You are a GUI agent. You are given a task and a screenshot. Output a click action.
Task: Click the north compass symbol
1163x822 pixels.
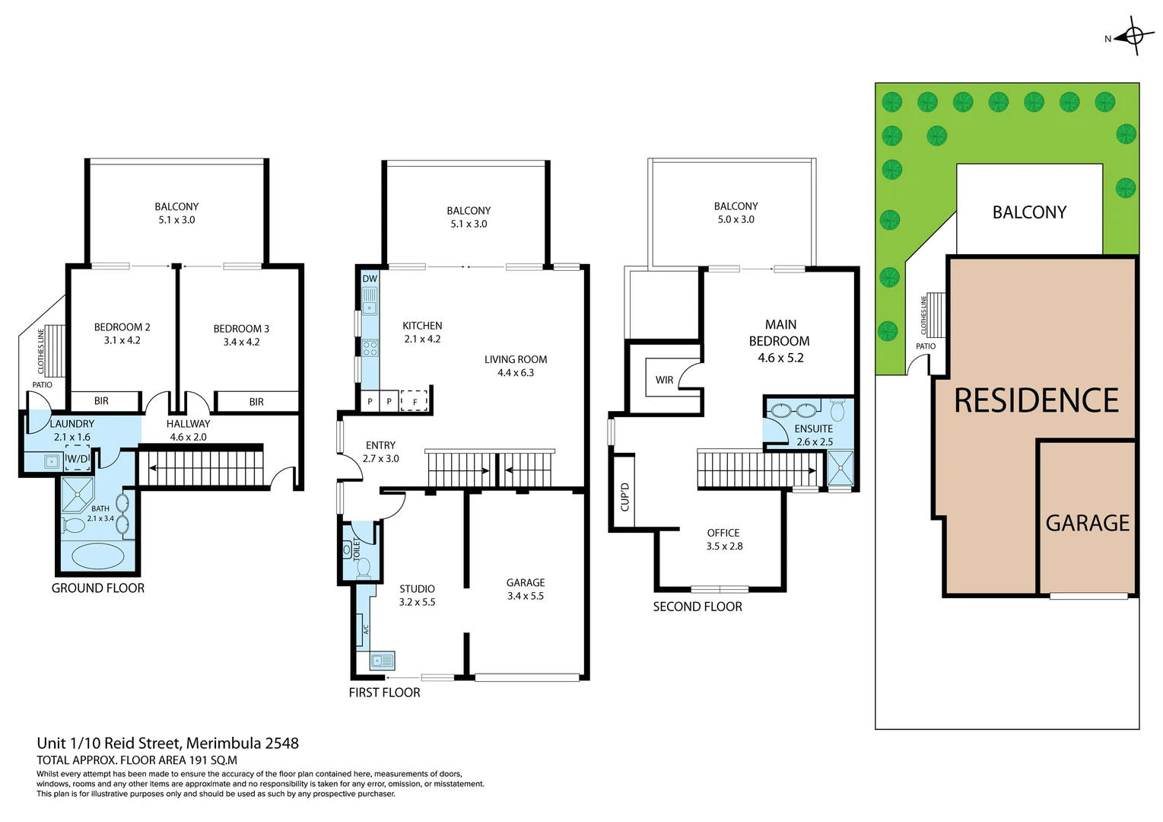1133,36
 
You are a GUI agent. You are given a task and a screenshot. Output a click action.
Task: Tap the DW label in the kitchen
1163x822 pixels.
370,279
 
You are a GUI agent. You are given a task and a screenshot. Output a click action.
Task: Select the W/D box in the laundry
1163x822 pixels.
78,459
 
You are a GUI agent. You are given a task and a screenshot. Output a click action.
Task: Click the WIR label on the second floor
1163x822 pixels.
664,380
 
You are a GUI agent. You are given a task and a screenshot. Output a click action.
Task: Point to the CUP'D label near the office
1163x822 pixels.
624,497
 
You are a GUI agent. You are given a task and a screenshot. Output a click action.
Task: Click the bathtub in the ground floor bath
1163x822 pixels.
97,556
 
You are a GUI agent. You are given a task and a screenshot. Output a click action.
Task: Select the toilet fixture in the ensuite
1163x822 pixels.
837,412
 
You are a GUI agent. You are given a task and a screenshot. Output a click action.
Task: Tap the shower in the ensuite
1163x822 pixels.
840,467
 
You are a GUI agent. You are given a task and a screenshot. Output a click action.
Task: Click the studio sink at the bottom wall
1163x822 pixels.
382,661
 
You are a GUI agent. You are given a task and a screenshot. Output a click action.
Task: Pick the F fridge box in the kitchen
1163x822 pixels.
415,401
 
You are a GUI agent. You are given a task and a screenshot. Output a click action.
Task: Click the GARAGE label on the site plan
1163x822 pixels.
1087,524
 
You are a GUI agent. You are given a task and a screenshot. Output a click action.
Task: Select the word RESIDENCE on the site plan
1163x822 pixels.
1036,401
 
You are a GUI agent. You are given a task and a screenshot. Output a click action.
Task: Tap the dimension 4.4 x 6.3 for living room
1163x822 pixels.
516,373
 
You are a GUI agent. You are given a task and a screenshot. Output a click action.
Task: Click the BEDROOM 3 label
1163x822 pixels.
241,329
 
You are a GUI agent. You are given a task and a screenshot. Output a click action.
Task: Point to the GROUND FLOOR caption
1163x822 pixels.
98,588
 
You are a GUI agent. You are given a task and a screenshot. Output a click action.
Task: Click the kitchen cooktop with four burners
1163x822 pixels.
370,349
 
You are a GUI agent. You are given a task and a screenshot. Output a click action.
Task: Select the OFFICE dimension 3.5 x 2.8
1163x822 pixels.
724,546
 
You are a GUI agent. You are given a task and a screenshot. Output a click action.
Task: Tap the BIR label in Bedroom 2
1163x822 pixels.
101,401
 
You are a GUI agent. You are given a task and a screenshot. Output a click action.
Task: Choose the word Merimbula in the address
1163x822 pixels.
221,744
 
